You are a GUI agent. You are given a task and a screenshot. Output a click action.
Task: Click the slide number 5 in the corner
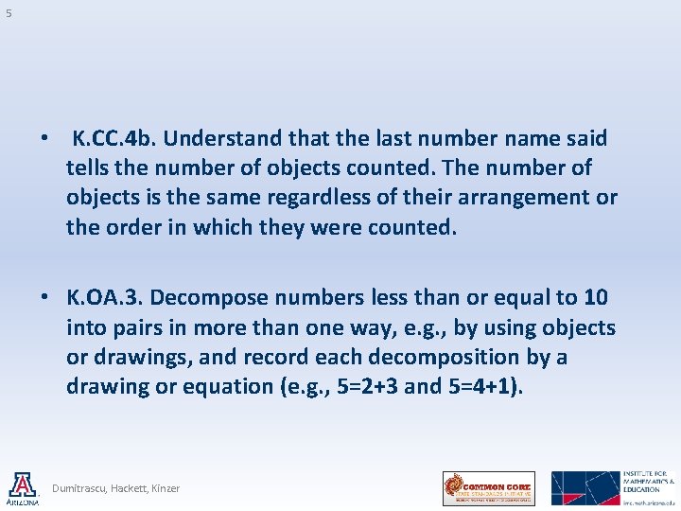point(9,13)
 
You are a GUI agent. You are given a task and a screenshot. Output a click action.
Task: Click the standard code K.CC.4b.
point(116,138)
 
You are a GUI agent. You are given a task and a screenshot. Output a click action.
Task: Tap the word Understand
point(224,138)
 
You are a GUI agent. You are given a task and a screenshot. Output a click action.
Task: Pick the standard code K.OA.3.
point(104,297)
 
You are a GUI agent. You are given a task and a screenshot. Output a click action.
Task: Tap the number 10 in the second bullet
point(596,297)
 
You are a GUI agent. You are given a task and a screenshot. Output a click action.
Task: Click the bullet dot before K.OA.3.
point(44,297)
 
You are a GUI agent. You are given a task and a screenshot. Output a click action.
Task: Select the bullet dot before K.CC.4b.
point(44,138)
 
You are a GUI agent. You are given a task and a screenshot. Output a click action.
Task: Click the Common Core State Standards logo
point(489,488)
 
